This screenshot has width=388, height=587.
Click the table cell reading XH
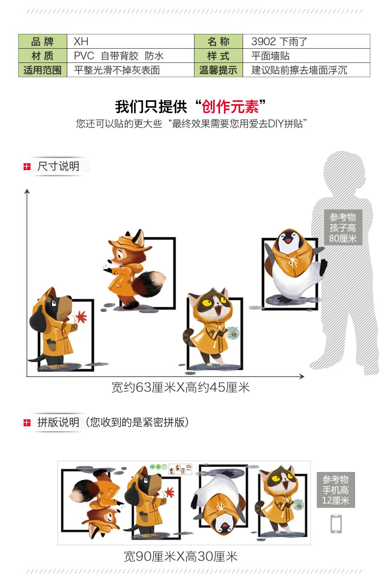pyautogui.click(x=131, y=41)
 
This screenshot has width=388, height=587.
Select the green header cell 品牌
pyautogui.click(x=43, y=41)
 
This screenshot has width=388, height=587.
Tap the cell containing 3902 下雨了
pyautogui.click(x=306, y=41)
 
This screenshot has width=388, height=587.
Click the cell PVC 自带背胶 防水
pyautogui.click(x=131, y=56)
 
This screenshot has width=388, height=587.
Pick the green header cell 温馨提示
pyautogui.click(x=219, y=70)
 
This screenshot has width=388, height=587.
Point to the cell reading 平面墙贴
pyautogui.click(x=306, y=56)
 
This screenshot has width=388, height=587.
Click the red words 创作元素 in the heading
pyautogui.click(x=230, y=107)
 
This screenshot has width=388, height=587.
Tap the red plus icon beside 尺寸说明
pyautogui.click(x=27, y=167)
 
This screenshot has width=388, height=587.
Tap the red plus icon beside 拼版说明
pyautogui.click(x=27, y=423)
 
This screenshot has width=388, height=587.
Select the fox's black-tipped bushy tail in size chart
pyautogui.click(x=149, y=283)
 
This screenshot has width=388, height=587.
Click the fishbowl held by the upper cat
pyautogui.click(x=233, y=333)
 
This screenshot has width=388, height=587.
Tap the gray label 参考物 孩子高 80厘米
pyautogui.click(x=343, y=228)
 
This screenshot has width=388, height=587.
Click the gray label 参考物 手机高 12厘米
pyautogui.click(x=335, y=490)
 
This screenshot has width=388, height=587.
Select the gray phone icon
pyautogui.click(x=336, y=524)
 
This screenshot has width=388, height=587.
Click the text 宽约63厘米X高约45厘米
pyautogui.click(x=181, y=387)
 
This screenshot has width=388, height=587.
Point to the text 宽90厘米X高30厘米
pyautogui.click(x=181, y=557)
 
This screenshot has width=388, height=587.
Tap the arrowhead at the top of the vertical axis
pyautogui.click(x=27, y=191)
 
